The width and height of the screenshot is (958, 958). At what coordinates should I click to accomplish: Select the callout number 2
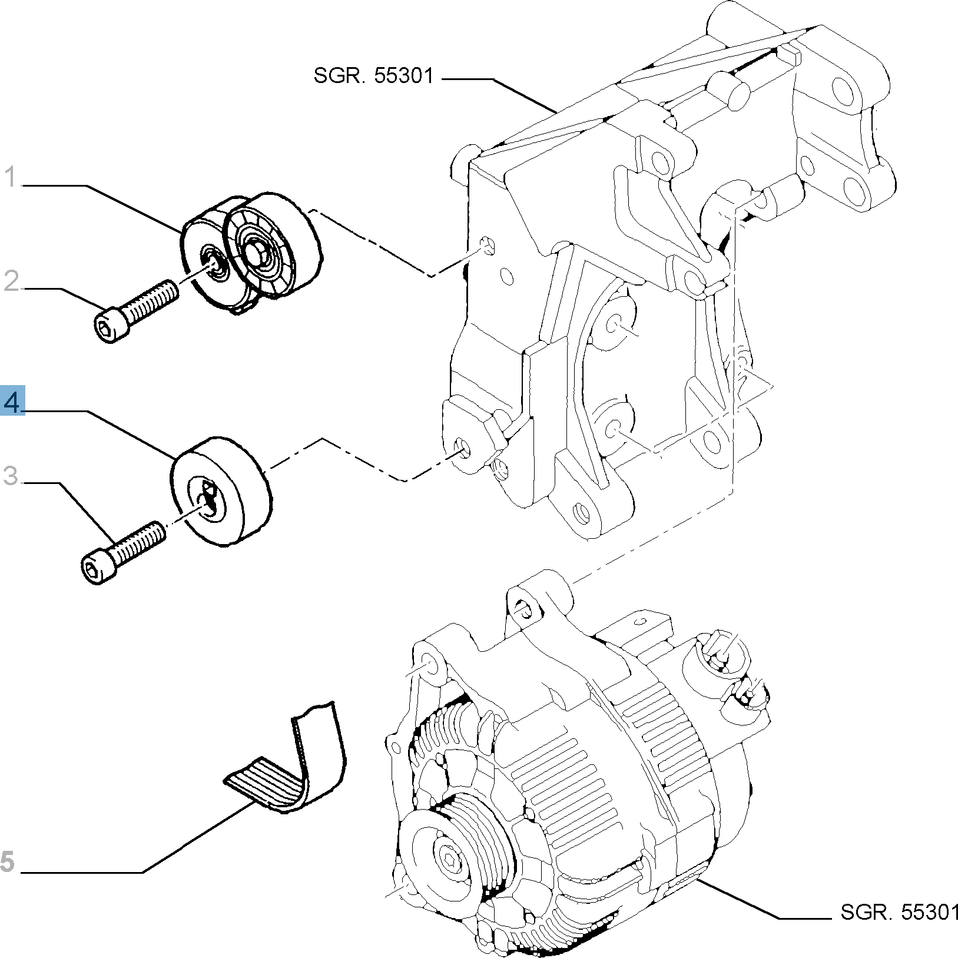(11, 281)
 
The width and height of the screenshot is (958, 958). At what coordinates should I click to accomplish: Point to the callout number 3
(11, 475)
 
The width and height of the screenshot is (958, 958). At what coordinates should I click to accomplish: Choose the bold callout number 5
(7, 861)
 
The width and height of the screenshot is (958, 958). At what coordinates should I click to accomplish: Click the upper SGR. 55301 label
(373, 76)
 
